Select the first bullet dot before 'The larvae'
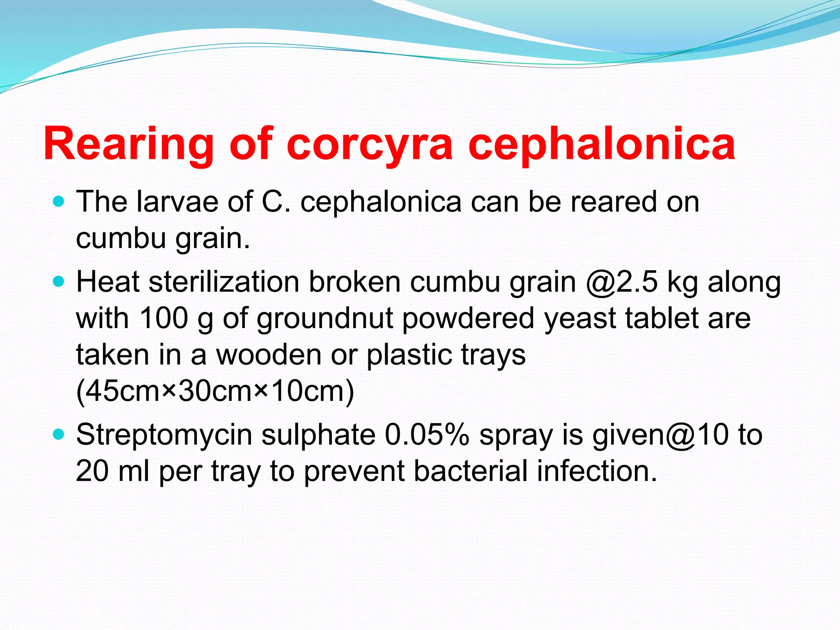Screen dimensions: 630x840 coord(59,202)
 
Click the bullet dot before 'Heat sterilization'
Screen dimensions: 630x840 coord(59,282)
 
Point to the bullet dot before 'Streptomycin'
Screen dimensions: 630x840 coord(59,434)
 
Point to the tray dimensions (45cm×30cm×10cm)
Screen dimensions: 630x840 coord(215,391)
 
